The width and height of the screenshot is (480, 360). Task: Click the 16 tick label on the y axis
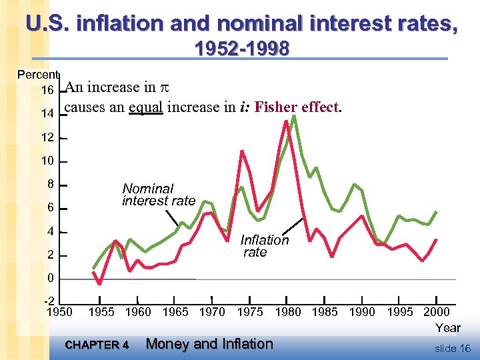click(x=47, y=90)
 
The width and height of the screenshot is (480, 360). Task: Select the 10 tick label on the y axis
click(x=47, y=161)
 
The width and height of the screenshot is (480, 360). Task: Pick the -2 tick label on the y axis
click(x=48, y=301)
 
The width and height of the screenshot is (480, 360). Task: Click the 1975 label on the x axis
click(x=251, y=312)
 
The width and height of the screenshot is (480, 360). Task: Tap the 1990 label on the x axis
click(x=362, y=312)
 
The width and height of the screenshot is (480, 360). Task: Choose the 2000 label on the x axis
click(x=437, y=312)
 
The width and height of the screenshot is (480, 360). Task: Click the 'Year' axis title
click(x=447, y=327)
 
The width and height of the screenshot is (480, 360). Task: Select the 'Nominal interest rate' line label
click(x=159, y=195)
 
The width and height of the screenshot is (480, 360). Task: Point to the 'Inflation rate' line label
click(x=264, y=246)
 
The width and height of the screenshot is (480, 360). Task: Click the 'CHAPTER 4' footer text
click(x=97, y=345)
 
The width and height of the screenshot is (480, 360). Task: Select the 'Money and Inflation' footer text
click(x=209, y=344)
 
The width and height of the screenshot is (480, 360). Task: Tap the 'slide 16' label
click(x=452, y=348)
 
